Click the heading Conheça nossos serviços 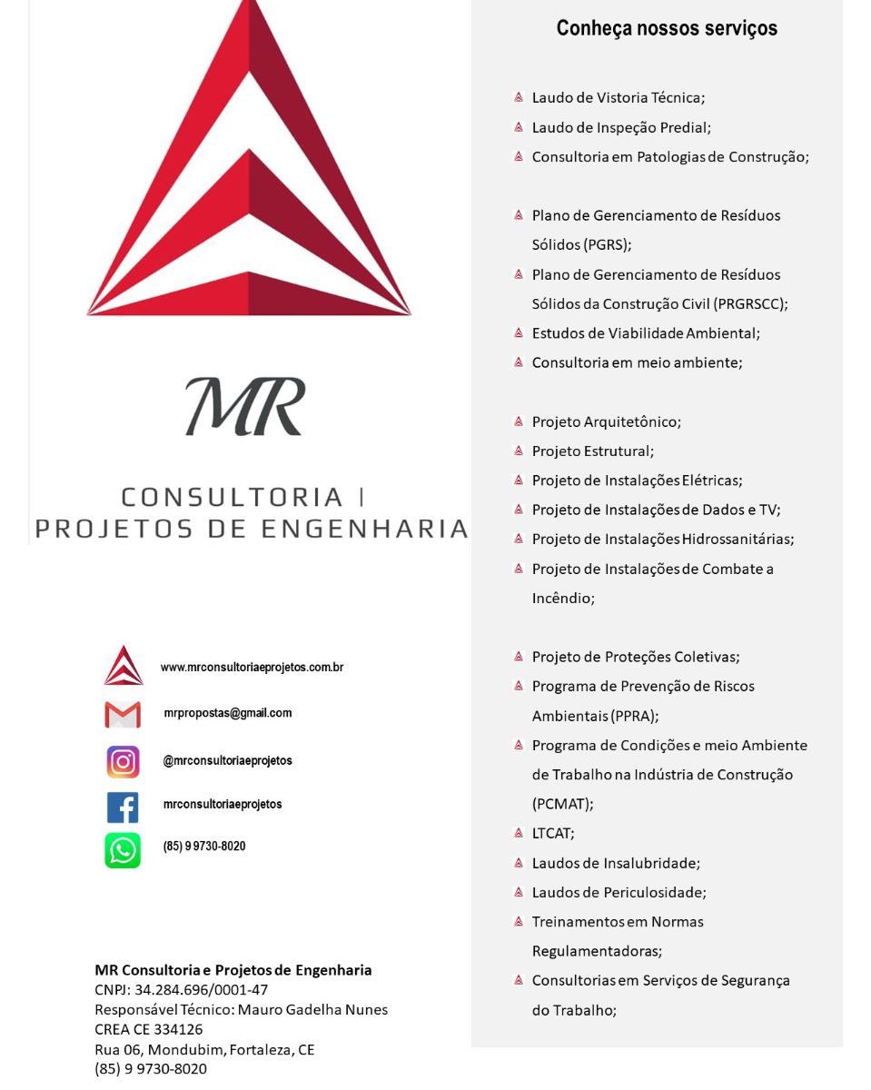667,28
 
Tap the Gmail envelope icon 123,715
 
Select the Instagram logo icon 123,761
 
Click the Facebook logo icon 123,807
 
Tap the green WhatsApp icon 123,850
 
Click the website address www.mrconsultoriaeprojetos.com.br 252,668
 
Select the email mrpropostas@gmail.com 228,713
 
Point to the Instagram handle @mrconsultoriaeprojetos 227,760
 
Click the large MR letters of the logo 245,407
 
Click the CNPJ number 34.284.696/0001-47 201,990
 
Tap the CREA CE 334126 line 149,1030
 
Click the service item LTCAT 553,833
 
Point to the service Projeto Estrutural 592,451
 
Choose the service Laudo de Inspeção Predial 621,128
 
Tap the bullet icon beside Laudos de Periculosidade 518,892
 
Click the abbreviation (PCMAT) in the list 562,804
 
